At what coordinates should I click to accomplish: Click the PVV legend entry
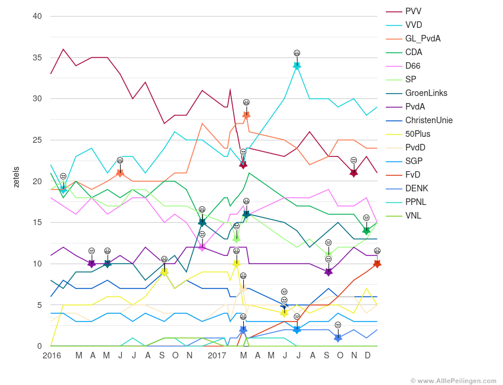click(413, 11)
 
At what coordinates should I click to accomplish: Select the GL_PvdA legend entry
click(423, 38)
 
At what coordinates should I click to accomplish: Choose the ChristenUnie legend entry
click(428, 120)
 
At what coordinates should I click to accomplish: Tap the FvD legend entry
click(413, 175)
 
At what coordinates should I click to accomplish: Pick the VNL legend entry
click(413, 216)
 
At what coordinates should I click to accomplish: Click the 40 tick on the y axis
click(37, 16)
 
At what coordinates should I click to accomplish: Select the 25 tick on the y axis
click(37, 140)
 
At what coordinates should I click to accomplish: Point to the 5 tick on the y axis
click(39, 305)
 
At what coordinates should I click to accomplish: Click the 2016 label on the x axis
click(51, 355)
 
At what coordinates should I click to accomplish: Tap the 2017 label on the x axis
click(217, 355)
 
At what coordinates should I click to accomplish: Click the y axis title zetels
click(16, 177)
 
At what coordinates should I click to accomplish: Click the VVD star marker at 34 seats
click(297, 66)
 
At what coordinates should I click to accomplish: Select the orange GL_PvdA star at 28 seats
click(246, 115)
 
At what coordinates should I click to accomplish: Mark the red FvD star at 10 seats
click(377, 264)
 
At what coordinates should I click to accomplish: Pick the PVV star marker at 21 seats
click(354, 173)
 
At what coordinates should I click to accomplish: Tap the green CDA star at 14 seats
click(366, 230)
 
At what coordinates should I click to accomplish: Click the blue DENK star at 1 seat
click(338, 338)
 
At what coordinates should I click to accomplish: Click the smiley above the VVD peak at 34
click(297, 53)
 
